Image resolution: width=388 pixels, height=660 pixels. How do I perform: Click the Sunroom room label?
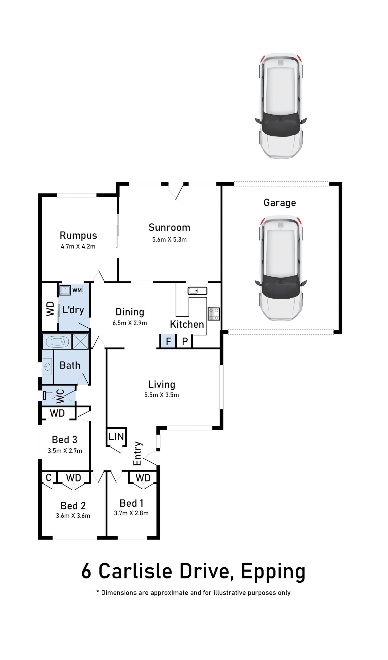pos(169,227)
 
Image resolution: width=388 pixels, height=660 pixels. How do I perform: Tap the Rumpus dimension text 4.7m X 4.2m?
pos(78,246)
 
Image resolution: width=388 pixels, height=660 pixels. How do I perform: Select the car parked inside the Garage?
pos(281,268)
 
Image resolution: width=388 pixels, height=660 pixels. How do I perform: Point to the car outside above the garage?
pos(281,106)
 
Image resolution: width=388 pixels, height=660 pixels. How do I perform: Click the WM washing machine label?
pos(77,290)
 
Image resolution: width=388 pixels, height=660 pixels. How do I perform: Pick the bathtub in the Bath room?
pos(57,342)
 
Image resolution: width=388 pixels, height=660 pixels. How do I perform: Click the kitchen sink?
pos(197,291)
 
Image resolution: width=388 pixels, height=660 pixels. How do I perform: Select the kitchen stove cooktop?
pos(214,314)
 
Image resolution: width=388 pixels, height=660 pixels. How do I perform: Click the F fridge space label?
pos(168,341)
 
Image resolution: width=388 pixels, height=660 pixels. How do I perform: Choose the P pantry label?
pos(185,341)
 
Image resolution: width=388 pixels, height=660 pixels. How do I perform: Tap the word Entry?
pos(138,454)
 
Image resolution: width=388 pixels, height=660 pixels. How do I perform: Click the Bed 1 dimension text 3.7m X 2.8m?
pos(131,513)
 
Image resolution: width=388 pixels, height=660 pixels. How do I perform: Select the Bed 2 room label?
pos(73,506)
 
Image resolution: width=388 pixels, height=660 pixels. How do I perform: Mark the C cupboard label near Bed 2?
pos(49,478)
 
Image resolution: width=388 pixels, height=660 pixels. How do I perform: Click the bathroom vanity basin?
pos(48,366)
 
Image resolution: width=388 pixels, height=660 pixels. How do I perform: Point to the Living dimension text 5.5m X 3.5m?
pos(162,395)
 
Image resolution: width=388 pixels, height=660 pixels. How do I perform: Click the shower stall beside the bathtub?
pos(80,342)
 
